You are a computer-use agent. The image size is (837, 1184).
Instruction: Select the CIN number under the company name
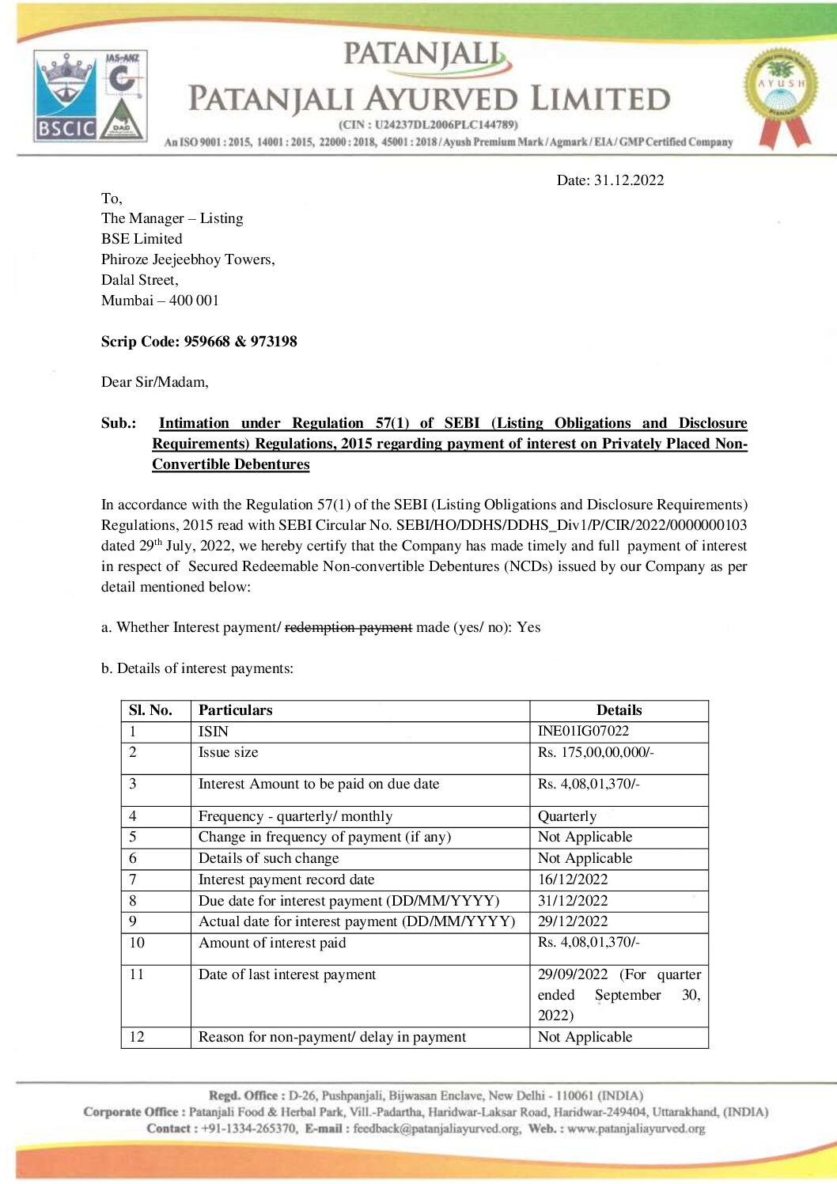[428, 124]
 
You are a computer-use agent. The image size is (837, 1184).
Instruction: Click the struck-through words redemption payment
[348, 627]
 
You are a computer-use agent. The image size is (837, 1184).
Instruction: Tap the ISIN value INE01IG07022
[583, 732]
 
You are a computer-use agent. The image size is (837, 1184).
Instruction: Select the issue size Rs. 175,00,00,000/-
[596, 752]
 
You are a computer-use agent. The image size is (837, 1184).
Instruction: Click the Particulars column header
[235, 710]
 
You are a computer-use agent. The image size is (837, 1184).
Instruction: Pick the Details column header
[619, 710]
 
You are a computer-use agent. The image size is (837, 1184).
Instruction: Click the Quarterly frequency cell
[567, 816]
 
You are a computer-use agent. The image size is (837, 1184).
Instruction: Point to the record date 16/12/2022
[573, 879]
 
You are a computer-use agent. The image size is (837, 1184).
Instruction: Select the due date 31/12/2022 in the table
[573, 901]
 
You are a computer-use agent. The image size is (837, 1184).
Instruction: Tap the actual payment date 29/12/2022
[573, 921]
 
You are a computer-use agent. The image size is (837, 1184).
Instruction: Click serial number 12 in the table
[137, 1037]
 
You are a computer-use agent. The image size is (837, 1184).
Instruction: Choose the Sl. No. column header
[150, 710]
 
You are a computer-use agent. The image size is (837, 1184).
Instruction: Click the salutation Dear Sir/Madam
[155, 382]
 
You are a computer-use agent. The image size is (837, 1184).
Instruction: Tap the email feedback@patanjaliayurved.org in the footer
[437, 1129]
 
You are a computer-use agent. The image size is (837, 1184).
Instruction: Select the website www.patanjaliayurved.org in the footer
[636, 1129]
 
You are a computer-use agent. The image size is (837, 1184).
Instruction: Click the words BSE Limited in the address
[142, 239]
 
